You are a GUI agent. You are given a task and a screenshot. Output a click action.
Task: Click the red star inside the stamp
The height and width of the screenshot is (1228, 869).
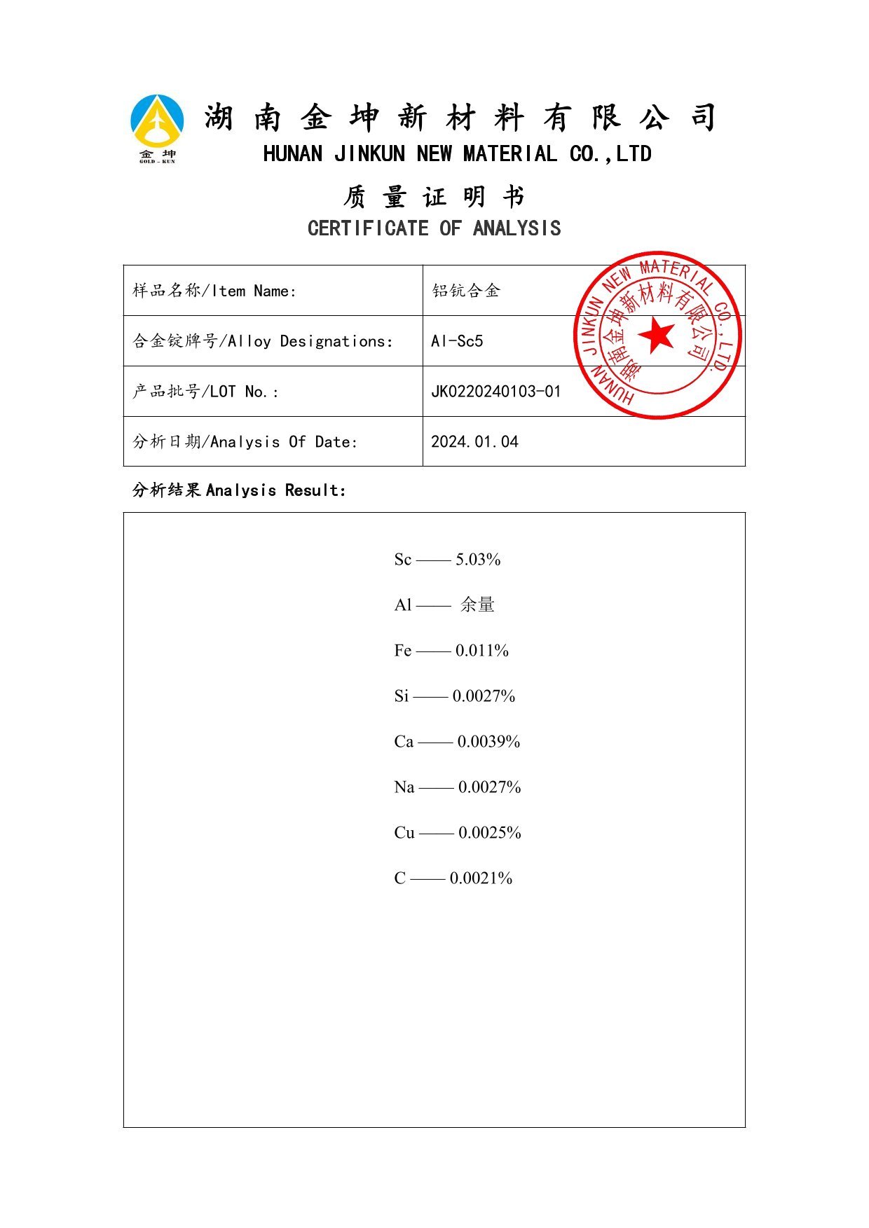657,335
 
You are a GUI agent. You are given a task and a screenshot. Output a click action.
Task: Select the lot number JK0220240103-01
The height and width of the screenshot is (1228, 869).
495,392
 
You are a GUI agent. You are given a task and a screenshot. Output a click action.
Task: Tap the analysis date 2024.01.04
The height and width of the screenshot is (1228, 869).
474,442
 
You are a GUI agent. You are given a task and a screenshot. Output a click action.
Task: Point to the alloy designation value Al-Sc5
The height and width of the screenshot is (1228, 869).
457,341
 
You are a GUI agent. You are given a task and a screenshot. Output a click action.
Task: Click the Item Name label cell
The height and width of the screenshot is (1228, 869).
214,291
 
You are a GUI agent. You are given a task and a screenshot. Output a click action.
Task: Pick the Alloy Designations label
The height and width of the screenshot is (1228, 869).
263,341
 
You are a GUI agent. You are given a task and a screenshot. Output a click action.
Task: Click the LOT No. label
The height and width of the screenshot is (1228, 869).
205,392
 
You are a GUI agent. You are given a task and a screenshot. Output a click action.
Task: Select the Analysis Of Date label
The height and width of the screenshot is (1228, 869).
245,442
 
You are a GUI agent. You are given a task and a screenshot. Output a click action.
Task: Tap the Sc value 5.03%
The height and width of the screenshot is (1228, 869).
478,560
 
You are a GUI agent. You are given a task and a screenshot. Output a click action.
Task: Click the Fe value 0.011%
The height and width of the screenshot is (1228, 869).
481,651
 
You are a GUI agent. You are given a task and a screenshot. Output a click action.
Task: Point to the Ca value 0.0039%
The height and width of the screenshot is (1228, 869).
488,742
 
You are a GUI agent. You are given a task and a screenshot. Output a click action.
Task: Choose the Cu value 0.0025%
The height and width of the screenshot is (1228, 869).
489,833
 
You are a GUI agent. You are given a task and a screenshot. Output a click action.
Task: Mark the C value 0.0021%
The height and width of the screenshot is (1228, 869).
481,878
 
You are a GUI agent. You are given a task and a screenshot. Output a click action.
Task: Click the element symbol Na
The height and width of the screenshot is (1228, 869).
404,787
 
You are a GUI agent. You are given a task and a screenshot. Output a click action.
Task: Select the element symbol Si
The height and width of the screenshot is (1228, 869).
401,696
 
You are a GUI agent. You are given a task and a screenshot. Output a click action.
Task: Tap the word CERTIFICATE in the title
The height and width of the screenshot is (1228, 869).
368,228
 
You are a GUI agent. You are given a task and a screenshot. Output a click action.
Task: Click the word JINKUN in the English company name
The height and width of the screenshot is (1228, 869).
369,154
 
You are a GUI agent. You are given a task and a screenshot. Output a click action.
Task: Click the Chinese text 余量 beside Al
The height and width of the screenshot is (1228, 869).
477,605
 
